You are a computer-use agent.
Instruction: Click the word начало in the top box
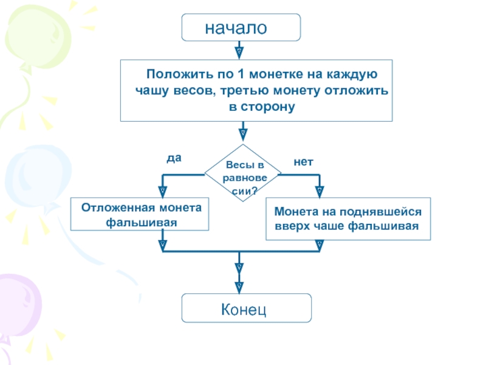(236, 27)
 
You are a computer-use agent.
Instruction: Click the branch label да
(174, 158)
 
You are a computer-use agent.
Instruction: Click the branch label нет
(303, 162)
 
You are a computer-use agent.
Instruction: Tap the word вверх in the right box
(294, 226)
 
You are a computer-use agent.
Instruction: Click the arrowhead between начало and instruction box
(240, 51)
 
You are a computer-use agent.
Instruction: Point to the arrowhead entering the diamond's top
(242, 133)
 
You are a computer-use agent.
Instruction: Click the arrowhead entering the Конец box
(239, 285)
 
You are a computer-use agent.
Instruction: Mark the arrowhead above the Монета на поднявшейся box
(320, 190)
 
